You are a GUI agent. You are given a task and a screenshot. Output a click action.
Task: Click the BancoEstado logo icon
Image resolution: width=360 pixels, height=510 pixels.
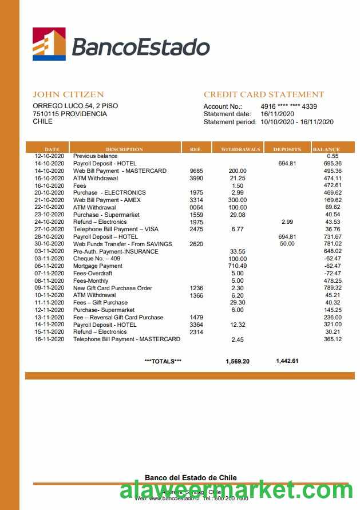coord(49,44)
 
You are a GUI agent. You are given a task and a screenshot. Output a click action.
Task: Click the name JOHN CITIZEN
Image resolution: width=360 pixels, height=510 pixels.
coord(68,94)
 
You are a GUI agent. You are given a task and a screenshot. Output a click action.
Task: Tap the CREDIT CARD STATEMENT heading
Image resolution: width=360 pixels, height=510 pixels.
coord(264,94)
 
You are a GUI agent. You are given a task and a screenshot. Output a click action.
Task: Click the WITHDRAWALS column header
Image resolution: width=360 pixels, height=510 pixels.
coord(240,149)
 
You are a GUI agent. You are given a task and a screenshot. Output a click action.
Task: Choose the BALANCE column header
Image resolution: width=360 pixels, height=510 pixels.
coord(326,149)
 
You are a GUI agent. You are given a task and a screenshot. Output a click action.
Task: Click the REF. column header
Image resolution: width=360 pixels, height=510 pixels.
coord(196,149)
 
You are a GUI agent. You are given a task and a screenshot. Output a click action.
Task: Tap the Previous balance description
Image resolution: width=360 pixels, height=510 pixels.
coord(95,156)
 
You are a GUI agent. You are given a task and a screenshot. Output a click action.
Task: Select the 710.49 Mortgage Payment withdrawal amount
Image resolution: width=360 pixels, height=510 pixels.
coord(237,266)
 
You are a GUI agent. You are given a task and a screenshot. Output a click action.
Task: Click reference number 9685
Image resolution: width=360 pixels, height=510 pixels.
coord(196,171)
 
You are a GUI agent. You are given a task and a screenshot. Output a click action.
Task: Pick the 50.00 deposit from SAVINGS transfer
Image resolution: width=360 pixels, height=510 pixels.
coord(287,244)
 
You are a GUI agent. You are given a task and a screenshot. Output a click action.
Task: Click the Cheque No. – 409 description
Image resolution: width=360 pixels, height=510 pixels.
coord(98,259)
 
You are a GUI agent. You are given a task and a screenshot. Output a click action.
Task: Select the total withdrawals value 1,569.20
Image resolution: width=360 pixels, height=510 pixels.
coord(238,361)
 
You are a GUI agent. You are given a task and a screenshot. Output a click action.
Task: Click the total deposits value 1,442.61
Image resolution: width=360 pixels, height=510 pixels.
coord(287,361)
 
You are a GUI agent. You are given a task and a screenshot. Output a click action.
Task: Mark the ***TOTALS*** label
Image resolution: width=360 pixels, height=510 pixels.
coord(163,361)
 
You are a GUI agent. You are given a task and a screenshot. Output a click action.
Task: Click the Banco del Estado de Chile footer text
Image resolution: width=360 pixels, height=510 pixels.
coord(191,477)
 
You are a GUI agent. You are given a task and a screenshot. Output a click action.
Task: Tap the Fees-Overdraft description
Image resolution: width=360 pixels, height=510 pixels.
coord(93,274)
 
